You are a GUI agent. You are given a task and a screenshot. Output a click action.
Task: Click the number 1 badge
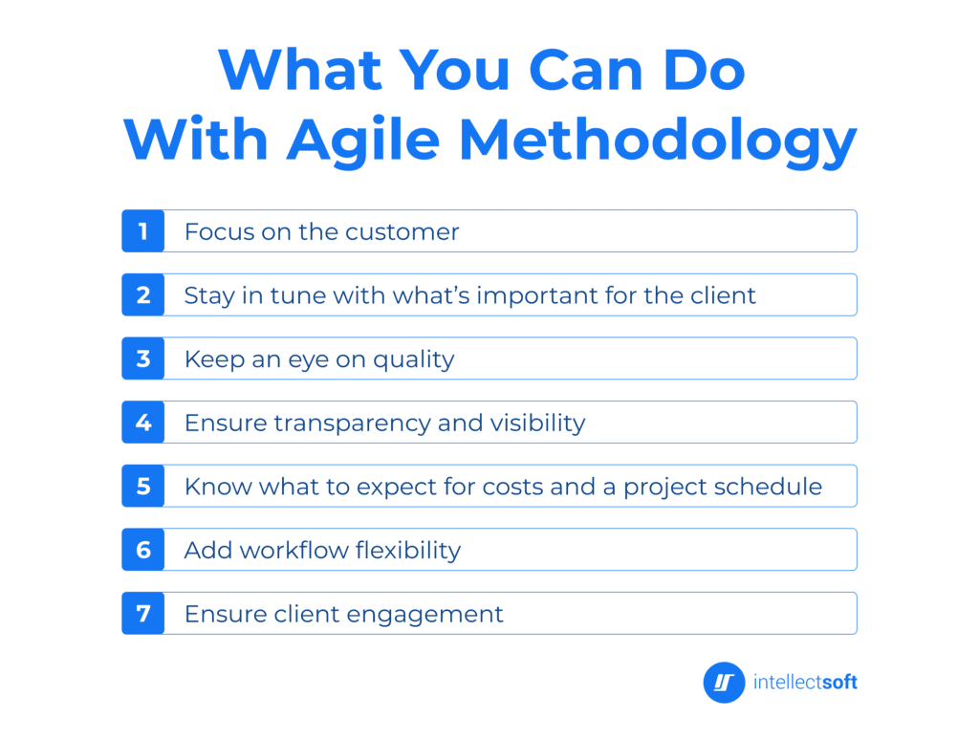pos(143,231)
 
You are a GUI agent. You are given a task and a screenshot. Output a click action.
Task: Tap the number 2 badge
pos(143,295)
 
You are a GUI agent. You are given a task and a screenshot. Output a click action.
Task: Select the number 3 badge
pos(143,359)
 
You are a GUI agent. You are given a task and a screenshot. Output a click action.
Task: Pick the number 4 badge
pos(143,423)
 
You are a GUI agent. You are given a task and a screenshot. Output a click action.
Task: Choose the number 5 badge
pos(143,486)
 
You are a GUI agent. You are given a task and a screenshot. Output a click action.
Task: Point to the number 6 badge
pos(143,550)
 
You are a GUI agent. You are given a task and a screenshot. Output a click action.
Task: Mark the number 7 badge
pos(143,613)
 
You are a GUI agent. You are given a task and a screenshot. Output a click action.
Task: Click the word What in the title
pos(300,69)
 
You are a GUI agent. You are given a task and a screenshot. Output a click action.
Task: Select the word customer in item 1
pos(402,231)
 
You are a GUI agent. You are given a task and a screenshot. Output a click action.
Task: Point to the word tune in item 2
pos(297,295)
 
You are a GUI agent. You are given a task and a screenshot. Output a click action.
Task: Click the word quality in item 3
pos(414,359)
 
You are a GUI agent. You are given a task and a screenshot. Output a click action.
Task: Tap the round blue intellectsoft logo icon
pos(724,683)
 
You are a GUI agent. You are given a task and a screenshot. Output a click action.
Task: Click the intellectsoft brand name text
pos(805,683)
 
